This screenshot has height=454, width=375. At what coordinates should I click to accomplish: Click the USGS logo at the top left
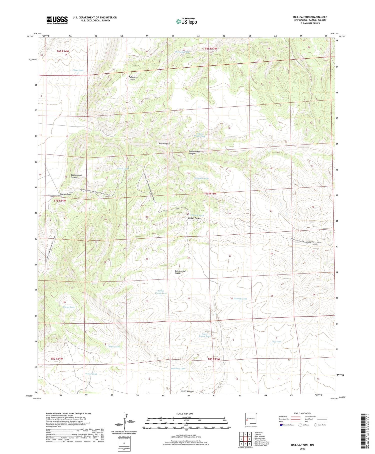pos(57,20)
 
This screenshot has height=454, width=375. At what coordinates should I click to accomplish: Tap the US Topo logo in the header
pos(186,21)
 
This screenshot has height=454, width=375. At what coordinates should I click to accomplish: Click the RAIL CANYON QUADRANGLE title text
pos(310,17)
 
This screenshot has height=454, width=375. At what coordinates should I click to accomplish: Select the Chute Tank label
pos(78,70)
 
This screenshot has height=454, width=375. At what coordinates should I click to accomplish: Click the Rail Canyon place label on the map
pos(164,144)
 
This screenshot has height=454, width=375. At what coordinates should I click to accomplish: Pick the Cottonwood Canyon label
pos(76,176)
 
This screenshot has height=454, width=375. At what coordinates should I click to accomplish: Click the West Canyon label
pos(65,194)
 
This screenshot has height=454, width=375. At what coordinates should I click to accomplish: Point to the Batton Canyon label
pos(194,218)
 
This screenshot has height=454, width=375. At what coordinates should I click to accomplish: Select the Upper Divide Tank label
pos(161,292)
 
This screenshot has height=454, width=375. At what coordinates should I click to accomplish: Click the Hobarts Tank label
pos(240,299)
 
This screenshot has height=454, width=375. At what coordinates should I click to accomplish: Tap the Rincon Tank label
pos(68,307)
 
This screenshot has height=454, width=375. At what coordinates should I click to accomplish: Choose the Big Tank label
pos(276,342)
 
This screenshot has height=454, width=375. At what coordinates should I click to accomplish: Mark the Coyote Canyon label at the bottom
pos(187,391)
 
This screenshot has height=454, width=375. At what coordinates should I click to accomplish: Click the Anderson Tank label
pos(178,369)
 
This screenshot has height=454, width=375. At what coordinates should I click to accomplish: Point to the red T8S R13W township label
pos(214,359)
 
